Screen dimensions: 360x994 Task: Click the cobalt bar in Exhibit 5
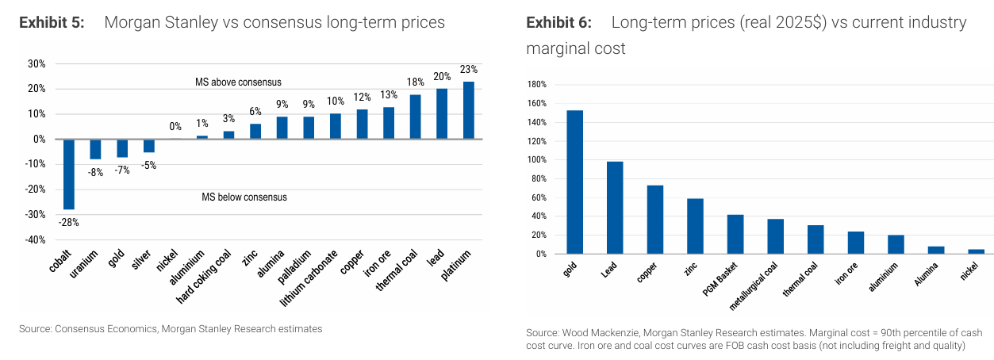pyautogui.click(x=69, y=174)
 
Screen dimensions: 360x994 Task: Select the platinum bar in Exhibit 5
pyautogui.click(x=469, y=110)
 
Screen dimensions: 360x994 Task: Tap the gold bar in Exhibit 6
pyautogui.click(x=575, y=182)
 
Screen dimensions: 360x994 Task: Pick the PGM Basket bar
pyautogui.click(x=735, y=234)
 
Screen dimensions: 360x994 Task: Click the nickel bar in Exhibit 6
pyautogui.click(x=976, y=251)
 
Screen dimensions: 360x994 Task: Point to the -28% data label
pyautogui.click(x=68, y=223)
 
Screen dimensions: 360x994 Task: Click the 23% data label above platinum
pyautogui.click(x=469, y=69)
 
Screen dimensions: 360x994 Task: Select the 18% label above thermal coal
pyautogui.click(x=415, y=82)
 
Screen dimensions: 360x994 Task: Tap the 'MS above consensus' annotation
pyautogui.click(x=238, y=82)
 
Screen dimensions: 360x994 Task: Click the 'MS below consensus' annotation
pyautogui.click(x=244, y=197)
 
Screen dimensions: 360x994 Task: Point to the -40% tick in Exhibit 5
pyautogui.click(x=35, y=239)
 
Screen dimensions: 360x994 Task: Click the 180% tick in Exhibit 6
pyautogui.click(x=536, y=84)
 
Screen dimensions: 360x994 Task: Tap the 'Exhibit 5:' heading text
pyautogui.click(x=52, y=22)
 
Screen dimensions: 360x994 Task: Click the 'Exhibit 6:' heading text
pyautogui.click(x=558, y=22)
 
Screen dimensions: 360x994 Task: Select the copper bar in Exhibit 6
pyautogui.click(x=655, y=219)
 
